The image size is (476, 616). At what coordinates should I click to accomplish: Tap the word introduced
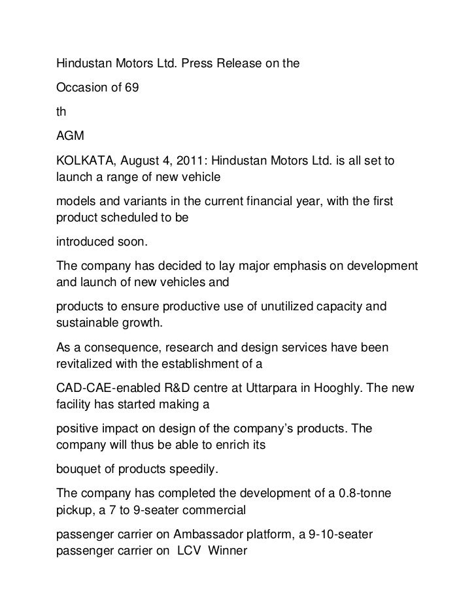coord(82,242)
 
